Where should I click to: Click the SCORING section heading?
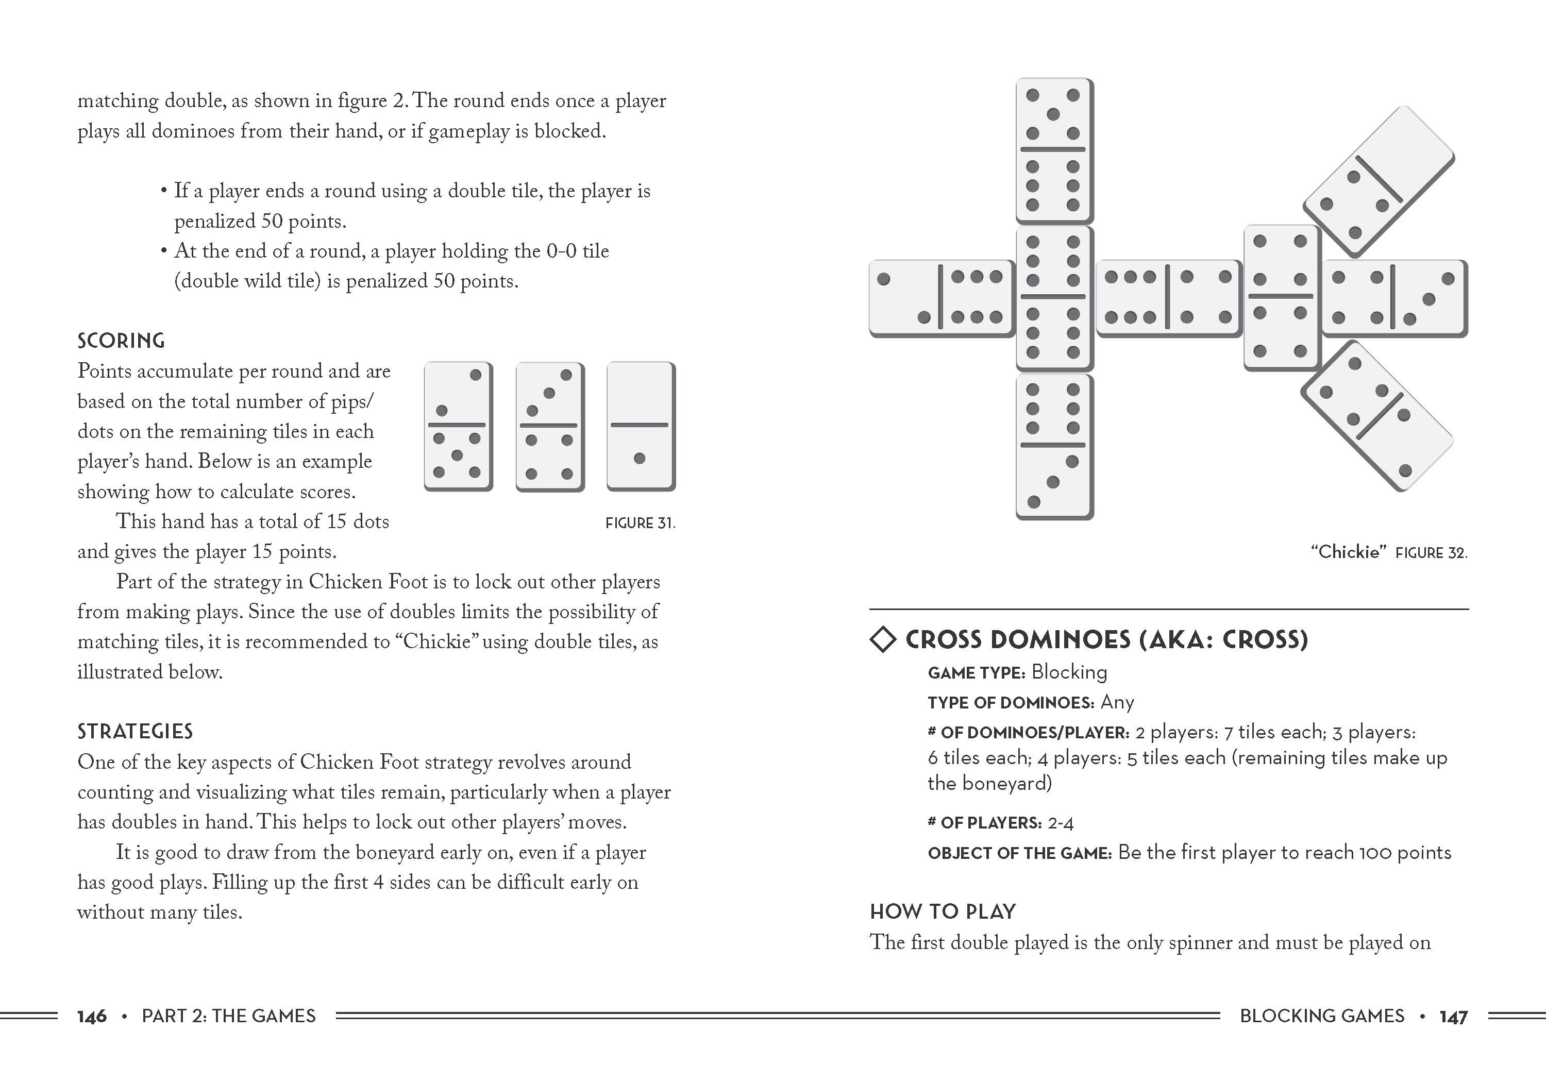(121, 341)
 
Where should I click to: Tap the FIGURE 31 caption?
(640, 523)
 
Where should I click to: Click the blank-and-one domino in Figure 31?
(641, 426)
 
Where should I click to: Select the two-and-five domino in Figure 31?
(458, 426)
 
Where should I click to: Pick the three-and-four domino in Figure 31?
(549, 426)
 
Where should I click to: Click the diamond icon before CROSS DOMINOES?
(883, 639)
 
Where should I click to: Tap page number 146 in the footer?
(92, 1016)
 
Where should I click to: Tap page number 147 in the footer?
(1453, 1016)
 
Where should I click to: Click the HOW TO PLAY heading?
(943, 911)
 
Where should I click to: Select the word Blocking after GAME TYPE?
(1069, 672)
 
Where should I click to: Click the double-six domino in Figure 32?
(1054, 298)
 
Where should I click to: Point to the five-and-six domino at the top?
(1054, 150)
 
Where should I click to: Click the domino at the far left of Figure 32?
(942, 298)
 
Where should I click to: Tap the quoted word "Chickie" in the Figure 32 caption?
(1349, 552)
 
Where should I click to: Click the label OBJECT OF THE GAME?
(1019, 853)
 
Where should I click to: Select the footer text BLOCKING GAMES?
(1322, 1016)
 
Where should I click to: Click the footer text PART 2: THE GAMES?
(228, 1016)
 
